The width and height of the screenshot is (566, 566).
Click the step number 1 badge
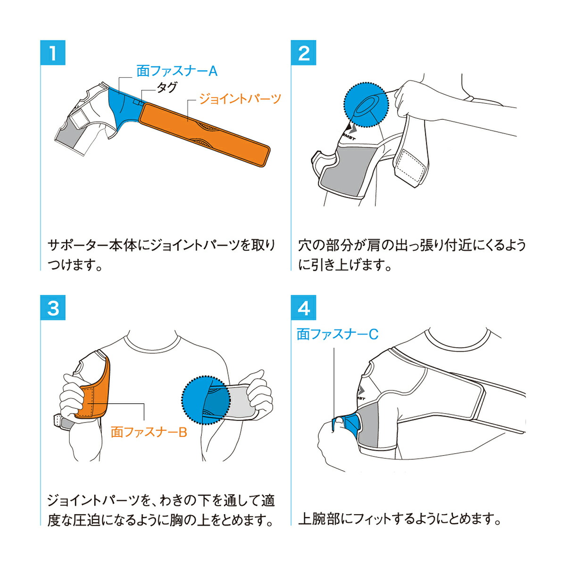[x=53, y=53]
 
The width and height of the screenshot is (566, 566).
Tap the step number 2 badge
[x=304, y=53]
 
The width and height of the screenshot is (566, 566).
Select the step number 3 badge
[x=53, y=308]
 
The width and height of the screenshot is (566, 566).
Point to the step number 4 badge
[x=304, y=308]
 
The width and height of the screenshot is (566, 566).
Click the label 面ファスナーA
[x=177, y=71]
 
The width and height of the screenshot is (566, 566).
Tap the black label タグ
[x=166, y=87]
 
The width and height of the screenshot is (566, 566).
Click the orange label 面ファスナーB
[x=149, y=432]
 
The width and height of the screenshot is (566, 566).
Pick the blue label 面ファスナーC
[x=337, y=334]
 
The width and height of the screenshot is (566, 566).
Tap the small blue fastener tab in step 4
[x=347, y=421]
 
